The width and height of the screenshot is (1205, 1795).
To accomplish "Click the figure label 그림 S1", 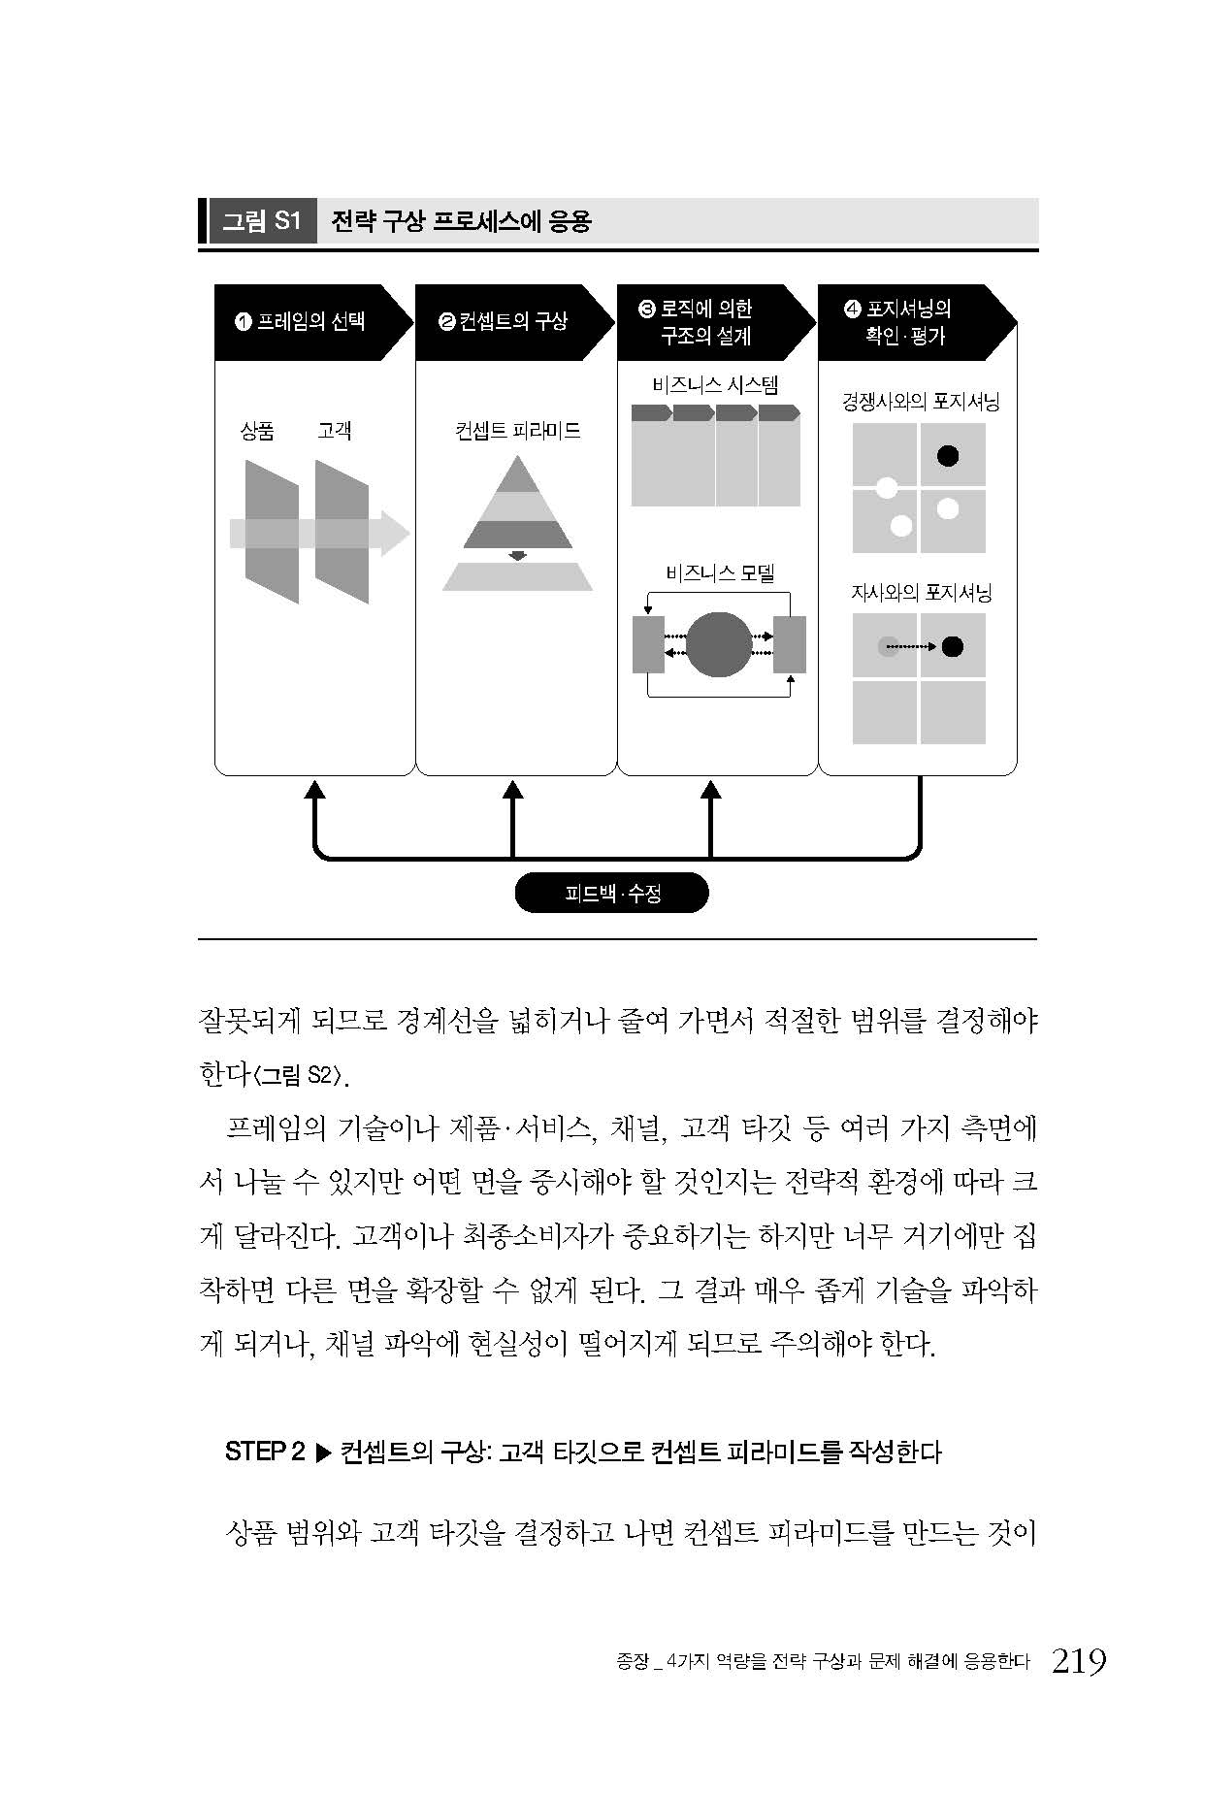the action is tap(262, 221).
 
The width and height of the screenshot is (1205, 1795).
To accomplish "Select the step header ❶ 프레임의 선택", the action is tap(301, 321).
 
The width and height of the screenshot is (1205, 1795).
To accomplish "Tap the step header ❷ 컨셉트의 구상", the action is tap(504, 321).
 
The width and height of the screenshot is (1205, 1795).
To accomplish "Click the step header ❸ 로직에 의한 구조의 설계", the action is tap(705, 322).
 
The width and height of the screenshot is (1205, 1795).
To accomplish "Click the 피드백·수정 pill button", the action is tap(611, 893).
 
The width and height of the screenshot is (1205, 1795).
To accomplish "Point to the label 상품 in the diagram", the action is tap(257, 430).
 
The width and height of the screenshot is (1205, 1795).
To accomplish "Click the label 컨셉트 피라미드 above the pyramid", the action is tap(517, 430).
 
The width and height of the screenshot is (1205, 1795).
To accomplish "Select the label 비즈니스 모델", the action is tap(720, 572).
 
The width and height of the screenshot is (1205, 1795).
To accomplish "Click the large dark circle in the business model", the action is tap(719, 645).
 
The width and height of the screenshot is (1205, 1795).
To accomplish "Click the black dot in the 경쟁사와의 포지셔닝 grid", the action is tap(948, 454).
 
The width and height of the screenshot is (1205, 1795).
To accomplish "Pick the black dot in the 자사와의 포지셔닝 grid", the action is tap(953, 646).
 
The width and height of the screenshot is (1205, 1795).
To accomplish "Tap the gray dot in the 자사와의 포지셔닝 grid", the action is tap(888, 646).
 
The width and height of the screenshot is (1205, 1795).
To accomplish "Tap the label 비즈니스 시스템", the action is tap(715, 384).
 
